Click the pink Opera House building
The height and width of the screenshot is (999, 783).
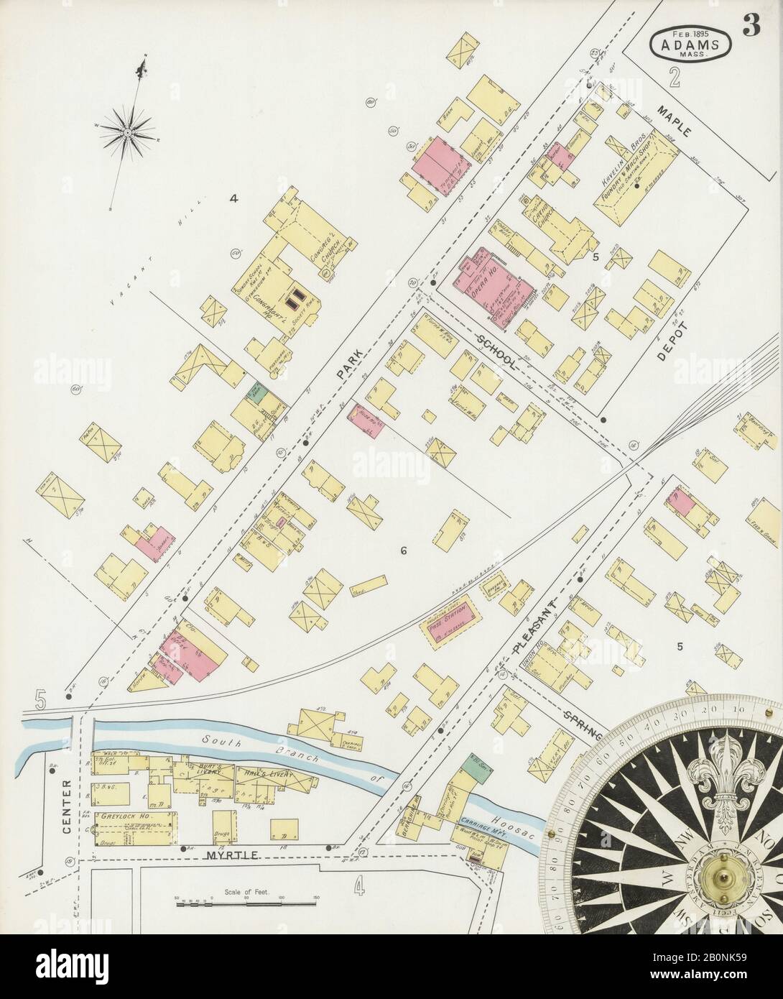tap(495, 286)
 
